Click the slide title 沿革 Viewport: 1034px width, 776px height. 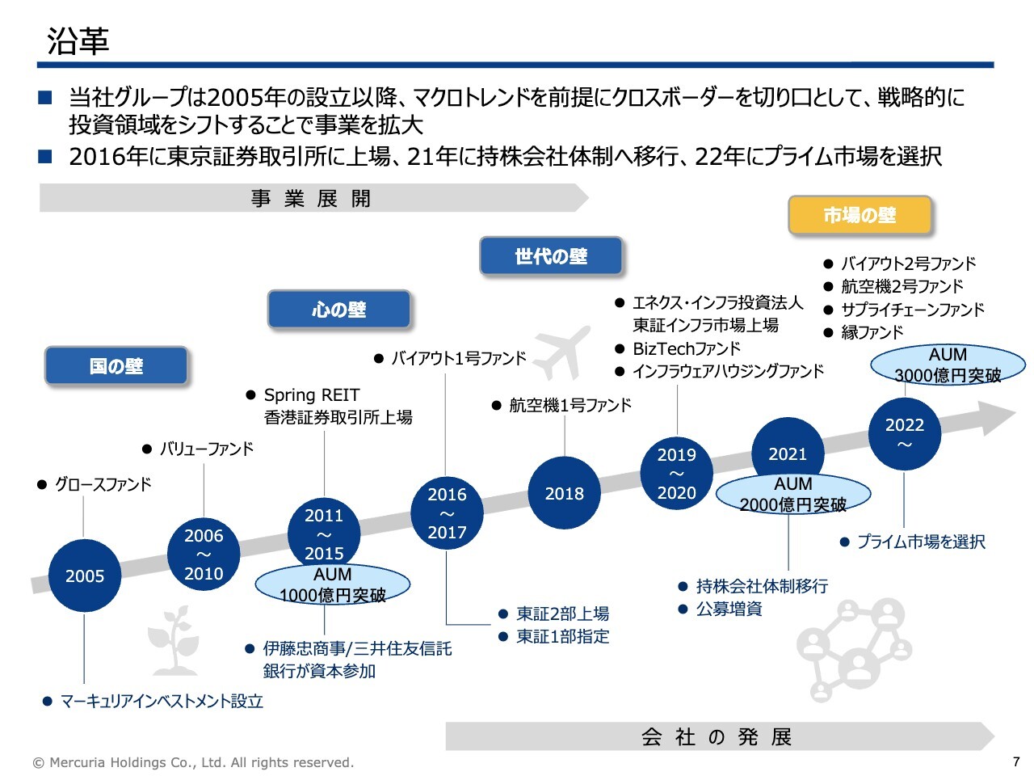(78, 41)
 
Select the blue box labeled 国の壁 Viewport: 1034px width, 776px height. (116, 366)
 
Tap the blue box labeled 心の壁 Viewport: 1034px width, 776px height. (339, 310)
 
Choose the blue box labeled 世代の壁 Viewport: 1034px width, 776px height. (551, 256)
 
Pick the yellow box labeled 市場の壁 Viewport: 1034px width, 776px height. (860, 215)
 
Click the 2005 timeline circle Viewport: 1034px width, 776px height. (85, 576)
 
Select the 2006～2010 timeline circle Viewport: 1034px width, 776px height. (204, 554)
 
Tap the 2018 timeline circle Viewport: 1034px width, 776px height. (564, 493)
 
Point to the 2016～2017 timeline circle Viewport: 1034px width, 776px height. (447, 512)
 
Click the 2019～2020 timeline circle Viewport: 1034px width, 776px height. (677, 473)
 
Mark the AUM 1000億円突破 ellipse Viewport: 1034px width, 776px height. (333, 584)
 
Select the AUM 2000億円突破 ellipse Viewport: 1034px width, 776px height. (793, 494)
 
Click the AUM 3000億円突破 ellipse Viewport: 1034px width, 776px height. (948, 365)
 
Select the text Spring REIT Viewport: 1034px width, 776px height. (312, 395)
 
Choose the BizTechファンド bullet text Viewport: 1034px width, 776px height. (687, 348)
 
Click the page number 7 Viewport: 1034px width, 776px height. (1016, 761)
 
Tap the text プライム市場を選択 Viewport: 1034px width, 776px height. (921, 542)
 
